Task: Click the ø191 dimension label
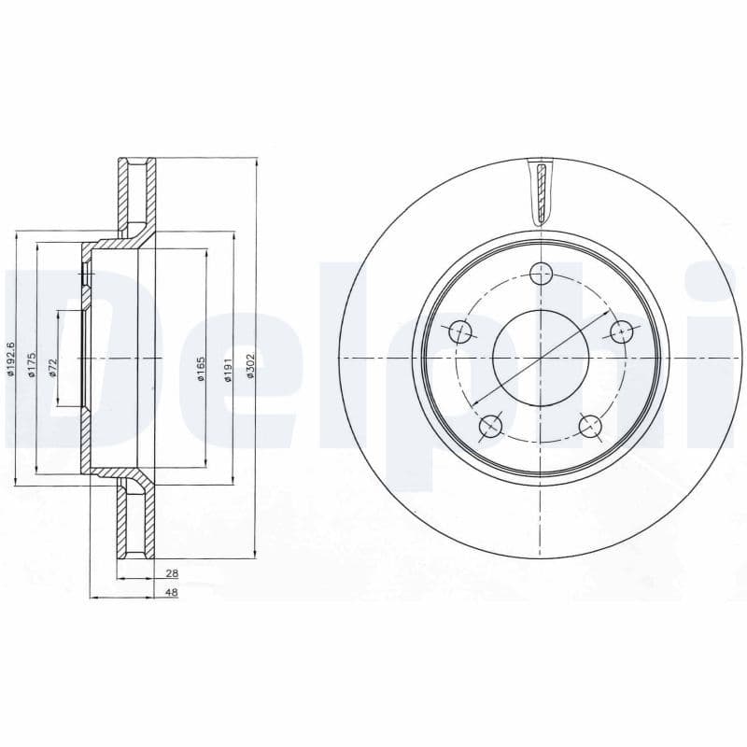pos(227,371)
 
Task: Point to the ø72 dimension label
pos(53,366)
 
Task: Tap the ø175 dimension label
pos(32,364)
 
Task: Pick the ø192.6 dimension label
pos(11,360)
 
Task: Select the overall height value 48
pos(172,594)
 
